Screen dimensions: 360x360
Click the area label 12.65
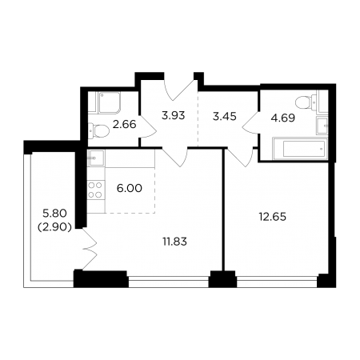pyautogui.click(x=273, y=217)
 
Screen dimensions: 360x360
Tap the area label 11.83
pyautogui.click(x=174, y=242)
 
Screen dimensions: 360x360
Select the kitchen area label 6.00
pyautogui.click(x=130, y=188)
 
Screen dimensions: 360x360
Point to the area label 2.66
pyautogui.click(x=124, y=124)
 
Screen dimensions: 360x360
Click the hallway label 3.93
pyautogui.click(x=174, y=116)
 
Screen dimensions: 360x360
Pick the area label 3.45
pyautogui.click(x=225, y=117)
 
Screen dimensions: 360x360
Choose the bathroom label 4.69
pyautogui.click(x=283, y=118)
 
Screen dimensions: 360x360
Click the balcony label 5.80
pyautogui.click(x=54, y=213)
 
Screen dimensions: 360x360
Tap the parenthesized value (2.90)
pyautogui.click(x=54, y=227)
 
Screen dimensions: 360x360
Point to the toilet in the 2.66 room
pyautogui.click(x=98, y=131)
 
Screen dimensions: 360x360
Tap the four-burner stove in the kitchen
pyautogui.click(x=95, y=190)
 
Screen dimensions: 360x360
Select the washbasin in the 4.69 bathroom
pyautogui.click(x=322, y=126)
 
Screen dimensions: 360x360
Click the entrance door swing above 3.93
pyautogui.click(x=179, y=89)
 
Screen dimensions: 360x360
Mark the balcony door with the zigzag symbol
pyautogui.click(x=90, y=249)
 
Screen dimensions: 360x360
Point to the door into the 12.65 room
pyautogui.click(x=239, y=158)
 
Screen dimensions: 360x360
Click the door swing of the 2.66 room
pyautogui.click(x=148, y=127)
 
